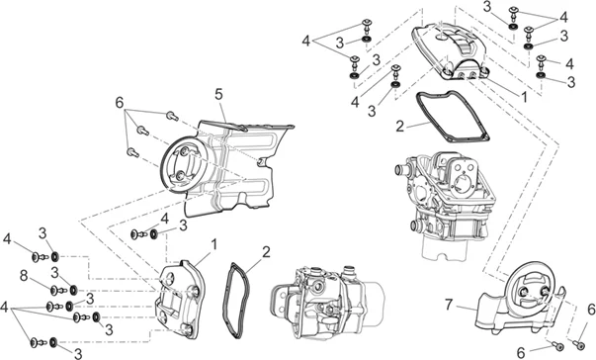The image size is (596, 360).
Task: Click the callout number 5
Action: click(x=218, y=94)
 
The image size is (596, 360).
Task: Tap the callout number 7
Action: click(x=449, y=304)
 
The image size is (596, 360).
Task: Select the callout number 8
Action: click(x=24, y=276)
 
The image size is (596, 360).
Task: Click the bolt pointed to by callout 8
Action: click(x=58, y=291)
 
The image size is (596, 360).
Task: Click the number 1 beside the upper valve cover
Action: click(x=525, y=97)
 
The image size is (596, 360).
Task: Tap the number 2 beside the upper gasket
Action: click(x=399, y=127)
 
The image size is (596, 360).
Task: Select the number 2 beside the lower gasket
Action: click(x=266, y=252)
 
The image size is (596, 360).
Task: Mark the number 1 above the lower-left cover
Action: click(x=214, y=244)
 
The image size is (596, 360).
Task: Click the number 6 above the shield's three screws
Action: click(x=120, y=102)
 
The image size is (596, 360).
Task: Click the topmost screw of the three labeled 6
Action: click(x=172, y=116)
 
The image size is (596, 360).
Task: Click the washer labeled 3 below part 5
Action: click(x=154, y=234)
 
